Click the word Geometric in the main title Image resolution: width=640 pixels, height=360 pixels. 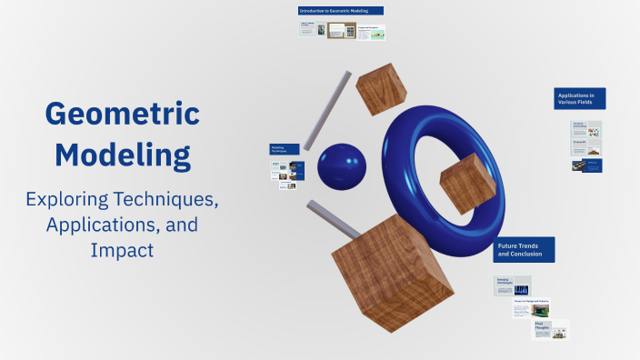point(122,115)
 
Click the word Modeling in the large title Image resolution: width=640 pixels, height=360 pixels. point(122,154)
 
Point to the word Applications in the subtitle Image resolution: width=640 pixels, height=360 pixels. point(99,224)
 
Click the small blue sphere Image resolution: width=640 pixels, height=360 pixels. point(341,168)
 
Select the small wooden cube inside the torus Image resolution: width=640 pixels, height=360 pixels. point(466,181)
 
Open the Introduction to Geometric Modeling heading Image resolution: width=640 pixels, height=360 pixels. point(341,11)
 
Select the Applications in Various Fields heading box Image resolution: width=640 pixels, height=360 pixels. point(580,98)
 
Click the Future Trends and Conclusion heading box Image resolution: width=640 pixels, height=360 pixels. point(524,250)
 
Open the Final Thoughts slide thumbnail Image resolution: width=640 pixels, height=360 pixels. point(550,328)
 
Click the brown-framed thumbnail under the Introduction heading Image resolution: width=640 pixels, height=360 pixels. point(342,30)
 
